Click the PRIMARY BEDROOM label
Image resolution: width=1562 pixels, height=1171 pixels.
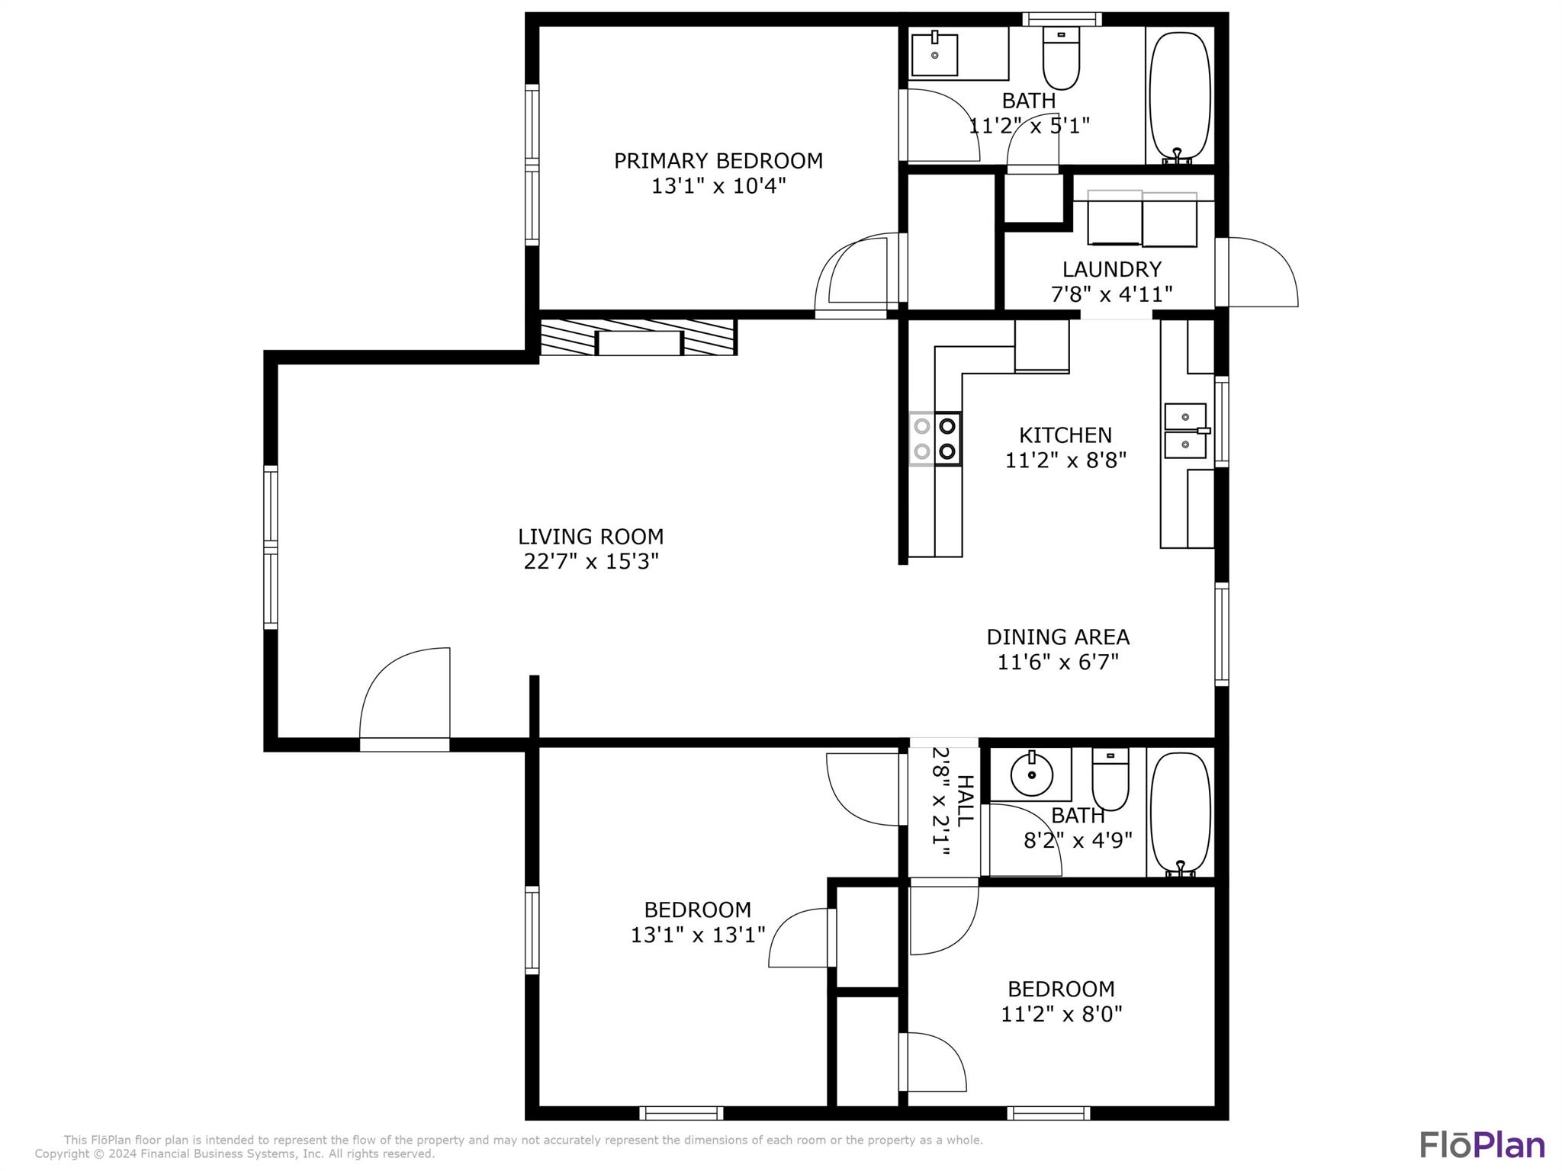(x=718, y=161)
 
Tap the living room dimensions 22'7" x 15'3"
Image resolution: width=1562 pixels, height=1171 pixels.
(x=591, y=562)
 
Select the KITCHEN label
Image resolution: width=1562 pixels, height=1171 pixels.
(x=1065, y=435)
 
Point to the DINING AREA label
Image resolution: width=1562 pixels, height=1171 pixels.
(x=1058, y=637)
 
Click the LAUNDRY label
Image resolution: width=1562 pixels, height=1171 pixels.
(x=1112, y=269)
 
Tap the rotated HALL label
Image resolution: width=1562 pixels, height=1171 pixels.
(x=965, y=800)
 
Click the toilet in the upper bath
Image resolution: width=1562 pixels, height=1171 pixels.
(x=1061, y=58)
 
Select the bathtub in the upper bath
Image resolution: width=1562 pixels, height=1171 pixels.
(x=1180, y=97)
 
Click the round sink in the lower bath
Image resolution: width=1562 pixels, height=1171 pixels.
(x=1031, y=775)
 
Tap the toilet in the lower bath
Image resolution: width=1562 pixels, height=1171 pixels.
(x=1110, y=778)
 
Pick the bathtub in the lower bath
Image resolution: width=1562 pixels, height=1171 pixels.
(x=1180, y=814)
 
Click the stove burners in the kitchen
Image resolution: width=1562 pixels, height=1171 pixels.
(x=935, y=438)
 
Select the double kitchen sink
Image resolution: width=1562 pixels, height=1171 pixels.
(x=1186, y=432)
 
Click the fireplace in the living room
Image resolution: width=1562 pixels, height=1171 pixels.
(x=638, y=338)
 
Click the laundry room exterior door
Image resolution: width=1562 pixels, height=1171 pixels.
(x=1257, y=272)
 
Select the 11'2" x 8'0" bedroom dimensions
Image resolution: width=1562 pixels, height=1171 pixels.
(x=1062, y=1014)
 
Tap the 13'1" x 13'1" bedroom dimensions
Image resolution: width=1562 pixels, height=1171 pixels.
(x=698, y=935)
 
